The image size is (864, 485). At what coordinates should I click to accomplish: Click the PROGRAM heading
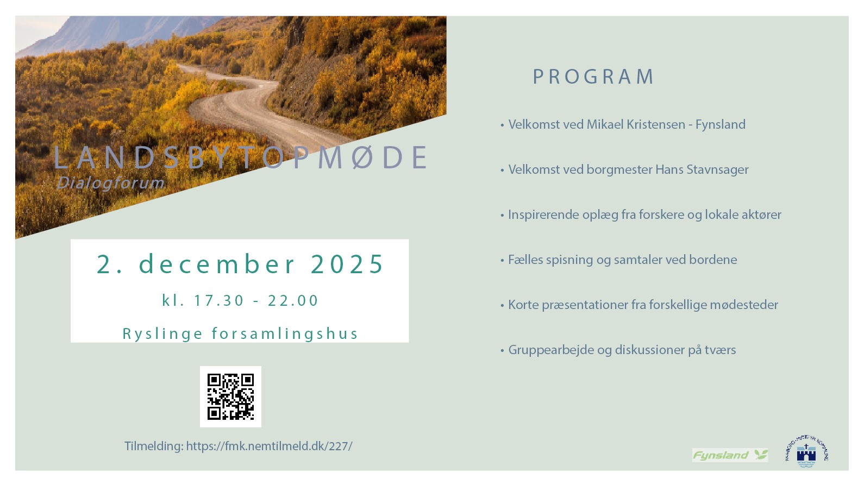(593, 77)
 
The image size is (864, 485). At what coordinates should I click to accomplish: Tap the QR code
(230, 396)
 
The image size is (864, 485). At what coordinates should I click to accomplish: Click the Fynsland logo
(730, 455)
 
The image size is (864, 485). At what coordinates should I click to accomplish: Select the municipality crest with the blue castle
(806, 452)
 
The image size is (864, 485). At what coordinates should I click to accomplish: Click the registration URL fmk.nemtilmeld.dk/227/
(269, 446)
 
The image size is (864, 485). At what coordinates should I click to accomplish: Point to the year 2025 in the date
(347, 264)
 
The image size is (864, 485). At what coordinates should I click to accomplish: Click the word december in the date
(217, 264)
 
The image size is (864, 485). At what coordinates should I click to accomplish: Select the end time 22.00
(293, 300)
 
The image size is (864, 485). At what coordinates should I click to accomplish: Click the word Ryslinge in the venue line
(162, 333)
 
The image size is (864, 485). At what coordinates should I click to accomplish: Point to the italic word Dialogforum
(110, 183)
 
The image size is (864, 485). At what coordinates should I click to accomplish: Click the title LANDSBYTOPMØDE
(241, 158)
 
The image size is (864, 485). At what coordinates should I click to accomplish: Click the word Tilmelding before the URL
(154, 446)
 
